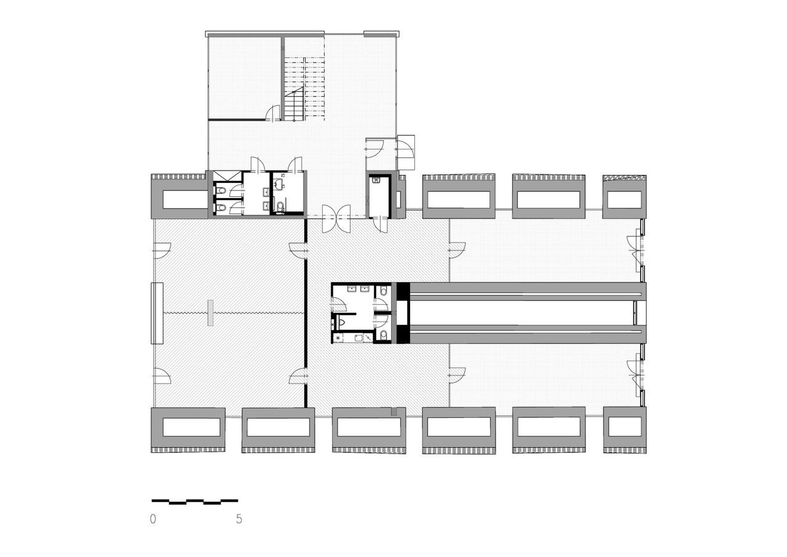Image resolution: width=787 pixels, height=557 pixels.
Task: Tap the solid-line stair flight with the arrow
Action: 294,104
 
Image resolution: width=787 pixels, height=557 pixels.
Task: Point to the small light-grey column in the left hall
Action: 210,313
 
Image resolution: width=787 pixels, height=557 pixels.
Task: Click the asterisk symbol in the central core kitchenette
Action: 338,337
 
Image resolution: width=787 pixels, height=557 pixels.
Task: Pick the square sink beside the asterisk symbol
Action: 358,338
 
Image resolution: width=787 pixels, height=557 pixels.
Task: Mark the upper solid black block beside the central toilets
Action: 403,291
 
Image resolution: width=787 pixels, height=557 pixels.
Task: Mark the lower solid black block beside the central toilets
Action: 403,334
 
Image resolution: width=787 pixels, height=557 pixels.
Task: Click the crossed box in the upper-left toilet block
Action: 227,176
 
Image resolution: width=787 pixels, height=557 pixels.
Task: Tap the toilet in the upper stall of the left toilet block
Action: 221,191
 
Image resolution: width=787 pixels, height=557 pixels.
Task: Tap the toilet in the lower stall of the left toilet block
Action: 221,208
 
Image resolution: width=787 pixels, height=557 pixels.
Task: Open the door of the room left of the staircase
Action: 274,114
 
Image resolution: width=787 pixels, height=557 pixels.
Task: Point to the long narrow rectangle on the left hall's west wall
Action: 157,313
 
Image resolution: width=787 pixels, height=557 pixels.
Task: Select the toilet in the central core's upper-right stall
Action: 383,291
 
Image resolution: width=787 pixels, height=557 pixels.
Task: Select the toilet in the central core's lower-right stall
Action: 383,334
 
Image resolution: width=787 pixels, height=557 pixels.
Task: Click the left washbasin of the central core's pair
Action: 352,289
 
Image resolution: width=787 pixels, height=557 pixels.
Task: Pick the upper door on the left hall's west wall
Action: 162,250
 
